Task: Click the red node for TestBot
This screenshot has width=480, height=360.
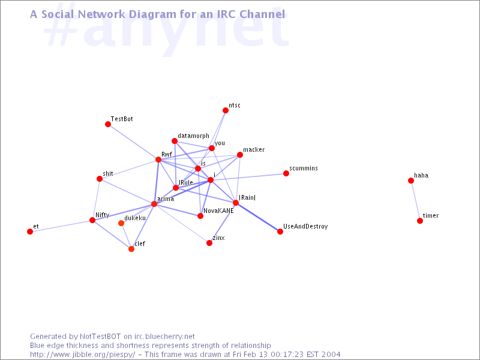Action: tap(108, 124)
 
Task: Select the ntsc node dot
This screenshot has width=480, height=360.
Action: tap(226, 110)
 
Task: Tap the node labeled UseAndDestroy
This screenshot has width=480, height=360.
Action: tap(280, 232)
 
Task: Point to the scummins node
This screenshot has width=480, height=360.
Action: tap(286, 173)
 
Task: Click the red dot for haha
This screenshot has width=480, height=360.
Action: tap(411, 181)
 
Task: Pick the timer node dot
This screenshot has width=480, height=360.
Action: tap(420, 221)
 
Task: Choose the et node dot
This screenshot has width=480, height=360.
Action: tap(30, 232)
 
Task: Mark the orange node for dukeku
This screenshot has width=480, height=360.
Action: tap(121, 223)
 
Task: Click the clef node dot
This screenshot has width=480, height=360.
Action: tap(131, 249)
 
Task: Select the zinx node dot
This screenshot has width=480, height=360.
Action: tap(209, 243)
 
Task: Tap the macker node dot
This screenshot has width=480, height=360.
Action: tap(240, 155)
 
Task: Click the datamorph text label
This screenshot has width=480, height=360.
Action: tap(193, 136)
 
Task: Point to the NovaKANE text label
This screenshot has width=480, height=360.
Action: tap(218, 211)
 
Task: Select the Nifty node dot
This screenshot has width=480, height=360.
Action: tap(92, 220)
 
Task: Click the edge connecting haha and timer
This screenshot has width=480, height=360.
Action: tap(415, 200)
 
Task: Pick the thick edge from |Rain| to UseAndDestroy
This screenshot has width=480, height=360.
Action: tap(258, 217)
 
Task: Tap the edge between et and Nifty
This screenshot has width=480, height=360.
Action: tap(61, 226)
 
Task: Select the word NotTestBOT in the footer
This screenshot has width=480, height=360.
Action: tap(100, 337)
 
